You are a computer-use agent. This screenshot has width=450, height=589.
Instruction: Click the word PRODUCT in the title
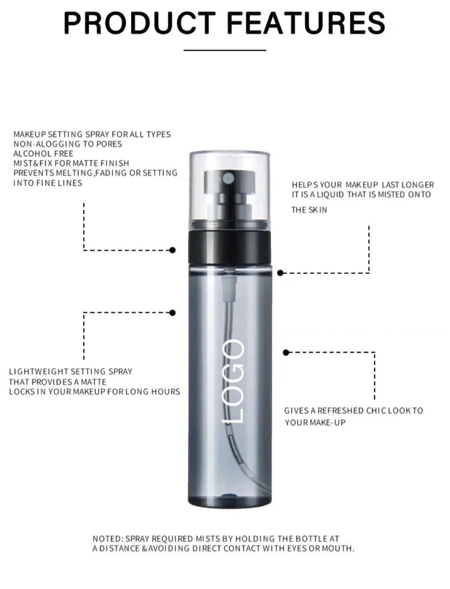(139, 23)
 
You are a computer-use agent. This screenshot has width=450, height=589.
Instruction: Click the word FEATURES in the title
(306, 23)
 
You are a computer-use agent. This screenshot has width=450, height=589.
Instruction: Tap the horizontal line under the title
(225, 50)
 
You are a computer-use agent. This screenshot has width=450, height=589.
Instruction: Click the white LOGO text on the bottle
(233, 381)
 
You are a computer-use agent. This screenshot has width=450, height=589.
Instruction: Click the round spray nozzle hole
(229, 177)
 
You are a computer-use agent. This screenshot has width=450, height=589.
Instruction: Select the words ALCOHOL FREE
(43, 153)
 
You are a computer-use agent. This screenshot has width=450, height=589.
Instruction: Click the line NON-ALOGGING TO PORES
(68, 144)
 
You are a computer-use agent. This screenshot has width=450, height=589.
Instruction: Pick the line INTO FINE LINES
(48, 183)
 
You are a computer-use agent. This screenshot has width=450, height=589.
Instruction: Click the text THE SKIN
(309, 210)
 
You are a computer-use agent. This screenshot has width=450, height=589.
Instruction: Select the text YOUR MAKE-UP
(315, 423)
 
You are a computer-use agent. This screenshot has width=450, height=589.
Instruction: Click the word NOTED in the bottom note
(107, 539)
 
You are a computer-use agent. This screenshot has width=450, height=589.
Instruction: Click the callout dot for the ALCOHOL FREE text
(172, 250)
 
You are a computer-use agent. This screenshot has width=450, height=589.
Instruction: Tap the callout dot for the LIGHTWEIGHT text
(172, 313)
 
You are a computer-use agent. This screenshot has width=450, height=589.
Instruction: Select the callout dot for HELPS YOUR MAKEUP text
(280, 273)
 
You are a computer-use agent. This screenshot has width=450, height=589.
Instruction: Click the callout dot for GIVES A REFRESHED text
(286, 352)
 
